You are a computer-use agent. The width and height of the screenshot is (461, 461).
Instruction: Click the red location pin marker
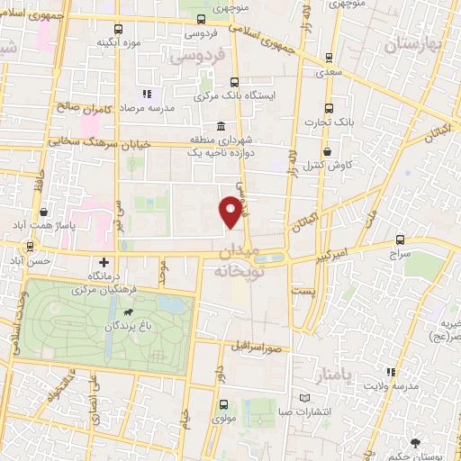point(232,211)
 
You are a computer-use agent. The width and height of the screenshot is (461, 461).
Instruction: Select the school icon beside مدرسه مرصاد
point(147,94)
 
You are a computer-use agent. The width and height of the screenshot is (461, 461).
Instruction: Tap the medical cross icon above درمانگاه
point(105,262)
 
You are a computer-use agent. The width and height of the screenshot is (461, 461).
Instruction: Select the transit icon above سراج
point(399,240)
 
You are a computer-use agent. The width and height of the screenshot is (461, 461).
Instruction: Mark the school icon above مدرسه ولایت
point(390,371)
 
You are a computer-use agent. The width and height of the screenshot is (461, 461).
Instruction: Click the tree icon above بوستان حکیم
point(415,443)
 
